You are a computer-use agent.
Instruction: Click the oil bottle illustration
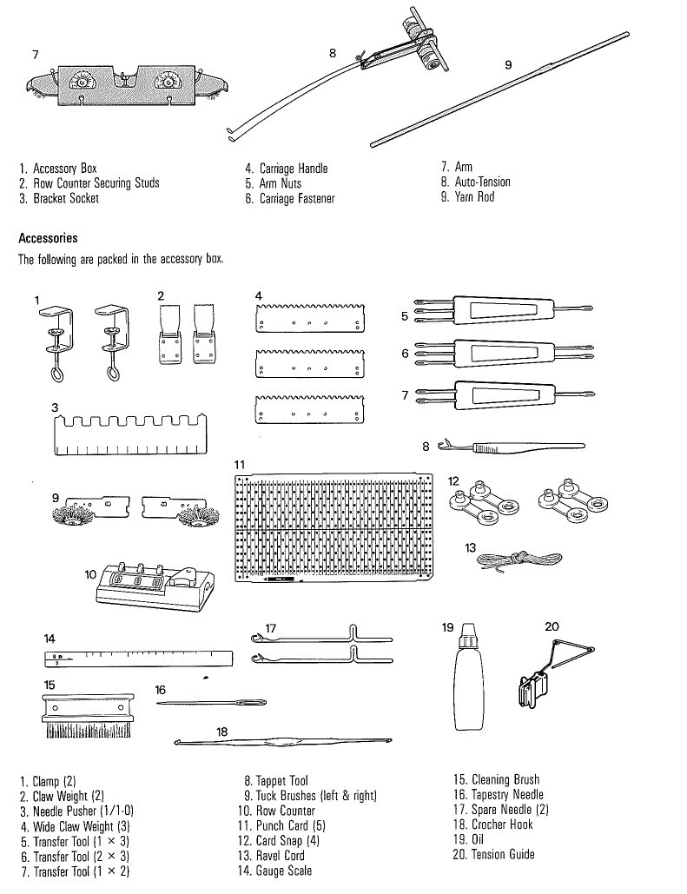click(468, 686)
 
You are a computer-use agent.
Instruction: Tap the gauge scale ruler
click(138, 659)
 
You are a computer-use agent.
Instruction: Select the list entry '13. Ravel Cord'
click(274, 855)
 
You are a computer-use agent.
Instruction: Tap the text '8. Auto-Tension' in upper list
click(476, 182)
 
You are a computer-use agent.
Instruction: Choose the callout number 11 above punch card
click(240, 466)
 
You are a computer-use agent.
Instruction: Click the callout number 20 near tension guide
click(552, 626)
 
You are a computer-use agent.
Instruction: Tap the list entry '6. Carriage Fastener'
click(290, 199)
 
